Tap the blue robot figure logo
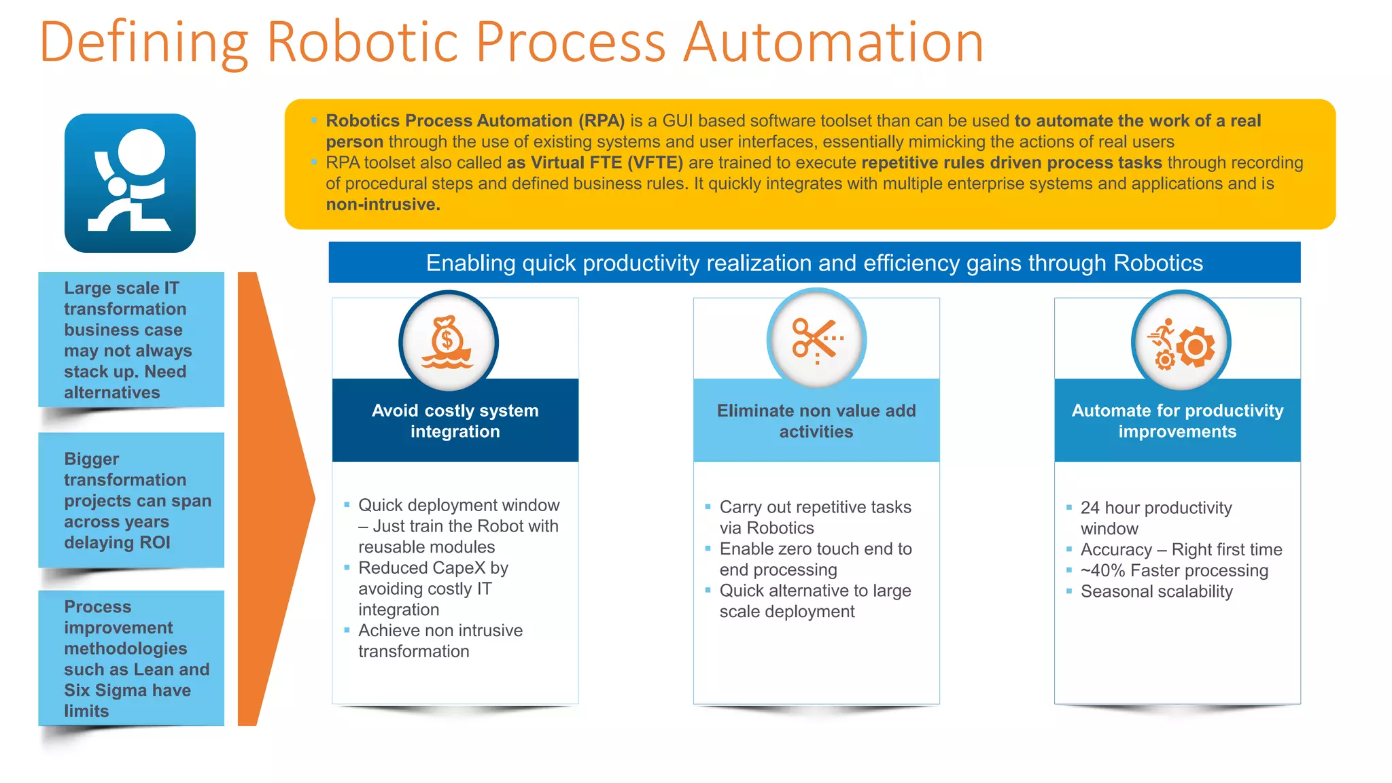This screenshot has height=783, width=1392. click(130, 183)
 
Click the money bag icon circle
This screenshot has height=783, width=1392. click(448, 341)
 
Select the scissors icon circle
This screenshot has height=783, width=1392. click(816, 339)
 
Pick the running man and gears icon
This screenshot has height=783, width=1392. click(1181, 341)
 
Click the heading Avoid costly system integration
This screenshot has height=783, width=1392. click(455, 421)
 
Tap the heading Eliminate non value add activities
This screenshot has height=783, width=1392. click(816, 421)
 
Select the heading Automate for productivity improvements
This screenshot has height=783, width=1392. click(1177, 421)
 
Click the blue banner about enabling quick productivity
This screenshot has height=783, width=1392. click(814, 263)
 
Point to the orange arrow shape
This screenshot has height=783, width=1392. click(272, 498)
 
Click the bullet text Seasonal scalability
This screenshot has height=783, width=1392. click(1156, 591)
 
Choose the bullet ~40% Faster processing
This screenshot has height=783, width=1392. click(1174, 570)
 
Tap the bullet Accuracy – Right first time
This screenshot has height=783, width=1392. click(1181, 549)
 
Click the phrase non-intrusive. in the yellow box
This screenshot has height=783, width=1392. click(383, 205)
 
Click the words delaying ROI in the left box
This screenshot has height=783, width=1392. click(117, 542)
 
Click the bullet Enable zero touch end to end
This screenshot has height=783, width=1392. click(815, 559)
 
